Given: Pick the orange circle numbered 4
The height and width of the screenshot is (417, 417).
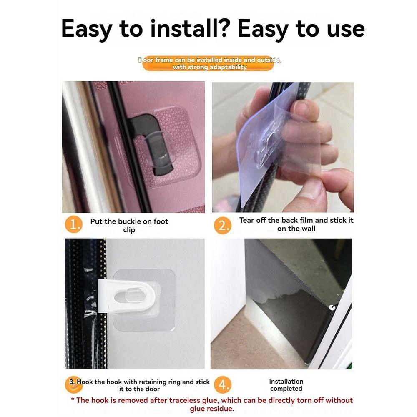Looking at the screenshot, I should pos(224,385).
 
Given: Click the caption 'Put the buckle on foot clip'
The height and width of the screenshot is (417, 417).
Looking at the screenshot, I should pos(129,226).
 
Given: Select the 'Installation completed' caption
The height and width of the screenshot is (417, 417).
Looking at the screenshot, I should pos(286,385).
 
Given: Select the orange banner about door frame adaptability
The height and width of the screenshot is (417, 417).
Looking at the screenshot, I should pos(210,63).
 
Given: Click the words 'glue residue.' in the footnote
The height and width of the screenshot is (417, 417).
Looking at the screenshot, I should pos(212,409).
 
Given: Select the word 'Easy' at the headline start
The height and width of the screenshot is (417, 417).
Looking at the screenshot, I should pos(86,28).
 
